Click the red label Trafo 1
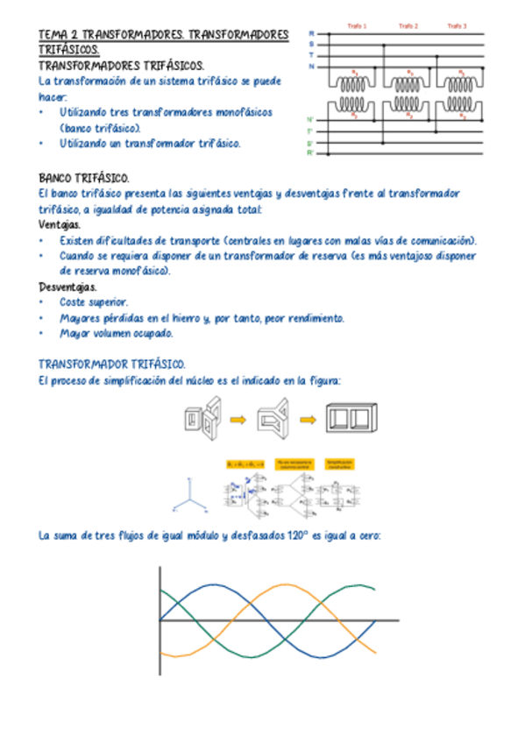coord(358,26)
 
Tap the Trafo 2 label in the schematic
coord(408,26)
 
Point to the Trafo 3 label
coord(456,26)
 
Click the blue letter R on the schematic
coord(311,34)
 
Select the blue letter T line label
coord(311,55)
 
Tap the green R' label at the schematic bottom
coord(310,153)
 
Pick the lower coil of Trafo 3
coord(457,109)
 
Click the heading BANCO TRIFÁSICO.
coord(84,177)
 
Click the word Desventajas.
coord(67,287)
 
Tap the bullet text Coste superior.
coord(94,302)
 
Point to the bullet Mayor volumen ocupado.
coord(117,334)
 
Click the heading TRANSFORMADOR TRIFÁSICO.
coord(111,364)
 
